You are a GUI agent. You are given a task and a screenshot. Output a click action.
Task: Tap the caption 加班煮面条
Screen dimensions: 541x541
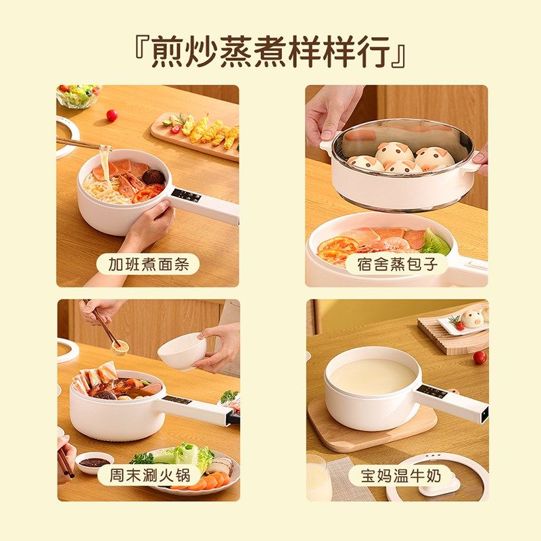click(148, 263)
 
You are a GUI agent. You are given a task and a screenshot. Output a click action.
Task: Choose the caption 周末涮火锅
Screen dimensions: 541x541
click(148, 475)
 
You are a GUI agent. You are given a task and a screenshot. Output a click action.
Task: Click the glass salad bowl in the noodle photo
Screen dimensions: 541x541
click(78, 96)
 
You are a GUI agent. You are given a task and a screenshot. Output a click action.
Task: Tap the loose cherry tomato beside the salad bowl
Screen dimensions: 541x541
click(112, 115)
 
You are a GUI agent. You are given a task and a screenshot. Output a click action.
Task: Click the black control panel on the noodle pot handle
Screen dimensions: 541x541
click(186, 195)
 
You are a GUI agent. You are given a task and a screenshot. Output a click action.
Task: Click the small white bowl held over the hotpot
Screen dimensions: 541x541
click(182, 352)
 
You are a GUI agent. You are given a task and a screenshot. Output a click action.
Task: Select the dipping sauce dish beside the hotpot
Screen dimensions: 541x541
click(95, 463)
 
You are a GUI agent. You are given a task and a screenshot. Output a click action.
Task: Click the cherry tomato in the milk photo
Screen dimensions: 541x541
click(479, 357)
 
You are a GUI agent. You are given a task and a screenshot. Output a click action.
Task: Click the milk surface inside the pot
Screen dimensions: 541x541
click(371, 376)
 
